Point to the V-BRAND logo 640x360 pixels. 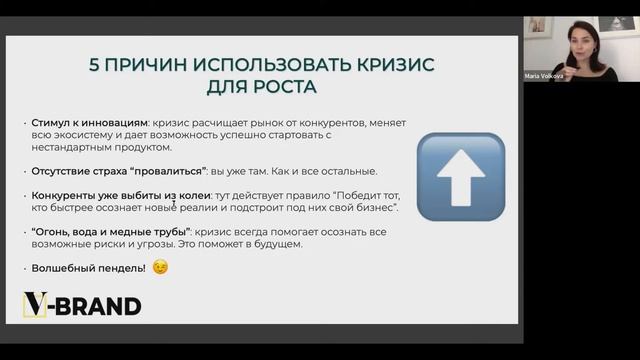82,306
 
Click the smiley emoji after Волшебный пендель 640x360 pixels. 160,267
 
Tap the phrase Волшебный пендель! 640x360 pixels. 88,268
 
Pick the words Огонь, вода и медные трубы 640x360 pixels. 111,232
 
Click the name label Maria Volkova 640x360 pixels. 544,75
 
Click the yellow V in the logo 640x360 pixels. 35,306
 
